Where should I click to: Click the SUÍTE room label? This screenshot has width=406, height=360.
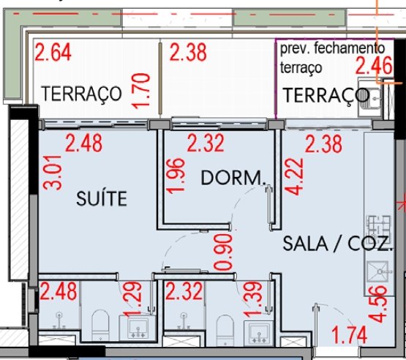tap(102, 198)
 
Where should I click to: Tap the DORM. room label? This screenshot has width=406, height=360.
tap(233, 178)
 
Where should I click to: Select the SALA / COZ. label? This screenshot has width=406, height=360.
tap(337, 244)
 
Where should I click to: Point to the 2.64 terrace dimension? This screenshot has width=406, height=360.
tap(53, 52)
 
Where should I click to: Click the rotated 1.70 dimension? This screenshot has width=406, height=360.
tap(140, 91)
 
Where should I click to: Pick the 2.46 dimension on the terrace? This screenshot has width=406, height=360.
tap(374, 66)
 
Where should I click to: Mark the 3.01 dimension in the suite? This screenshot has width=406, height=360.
tap(53, 173)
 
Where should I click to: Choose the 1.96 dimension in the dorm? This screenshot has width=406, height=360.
tap(176, 176)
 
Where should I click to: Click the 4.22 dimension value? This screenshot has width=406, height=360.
tap(294, 176)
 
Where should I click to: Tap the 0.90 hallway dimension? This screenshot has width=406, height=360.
tap(223, 252)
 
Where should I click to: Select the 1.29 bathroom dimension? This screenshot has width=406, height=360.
tap(132, 299)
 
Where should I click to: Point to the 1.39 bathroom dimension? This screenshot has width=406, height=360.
tap(253, 300)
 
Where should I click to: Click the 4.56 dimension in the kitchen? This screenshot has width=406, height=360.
tap(378, 304)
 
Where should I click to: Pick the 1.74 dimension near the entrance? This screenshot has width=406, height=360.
tap(349, 335)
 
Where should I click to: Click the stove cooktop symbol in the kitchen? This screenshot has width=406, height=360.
tap(378, 226)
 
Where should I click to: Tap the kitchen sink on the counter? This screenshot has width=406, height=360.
tap(378, 271)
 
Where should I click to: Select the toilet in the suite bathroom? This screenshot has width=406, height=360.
tap(100, 326)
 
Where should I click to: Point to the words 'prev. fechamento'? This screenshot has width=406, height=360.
tap(332, 48)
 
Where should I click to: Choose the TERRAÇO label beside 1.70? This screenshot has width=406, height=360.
tap(81, 94)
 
